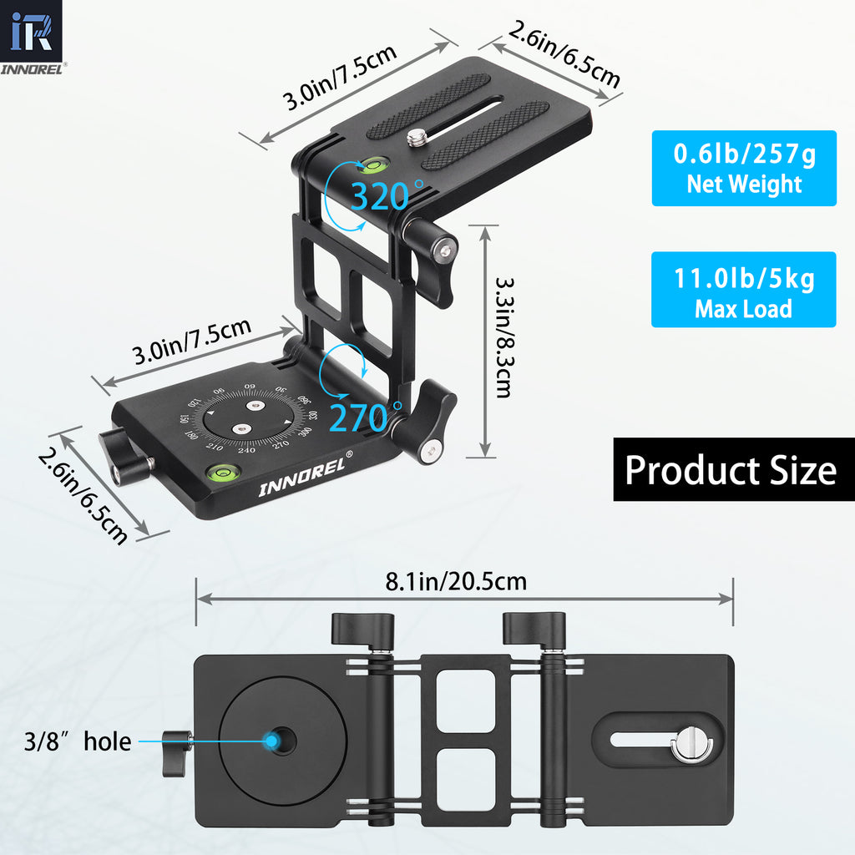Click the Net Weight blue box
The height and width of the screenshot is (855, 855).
pos(743,168)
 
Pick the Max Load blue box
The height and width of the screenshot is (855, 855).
pos(743,290)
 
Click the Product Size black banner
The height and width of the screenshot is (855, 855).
pos(731,470)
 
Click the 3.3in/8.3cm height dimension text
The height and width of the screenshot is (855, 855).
pos(503,337)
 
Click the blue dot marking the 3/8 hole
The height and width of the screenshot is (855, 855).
pos(271,740)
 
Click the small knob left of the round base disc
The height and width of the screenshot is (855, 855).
pos(177,741)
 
